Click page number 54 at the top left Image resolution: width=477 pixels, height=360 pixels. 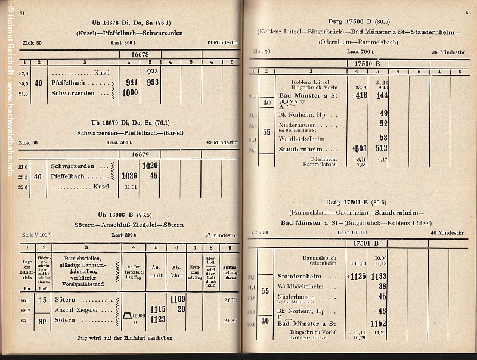tap(22, 13)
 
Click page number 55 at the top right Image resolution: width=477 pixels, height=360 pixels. tap(467, 13)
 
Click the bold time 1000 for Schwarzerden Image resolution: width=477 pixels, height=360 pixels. tap(129, 93)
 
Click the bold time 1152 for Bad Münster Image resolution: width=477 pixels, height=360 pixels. tap(377, 324)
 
